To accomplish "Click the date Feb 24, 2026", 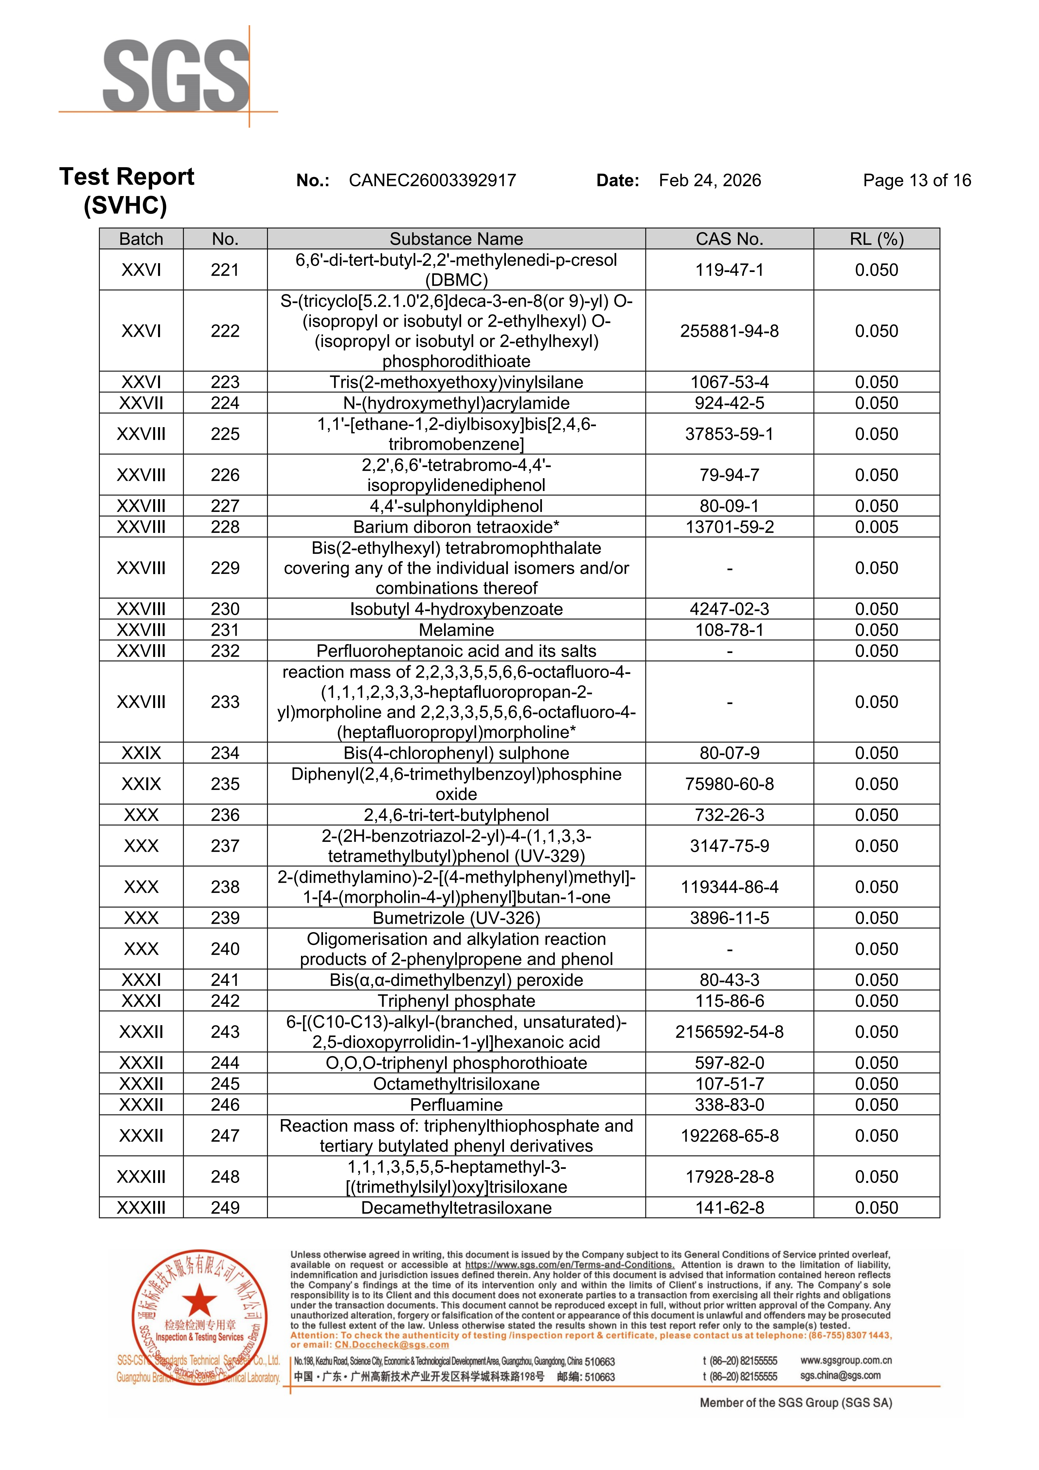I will [709, 181].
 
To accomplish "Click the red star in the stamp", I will [200, 1300].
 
